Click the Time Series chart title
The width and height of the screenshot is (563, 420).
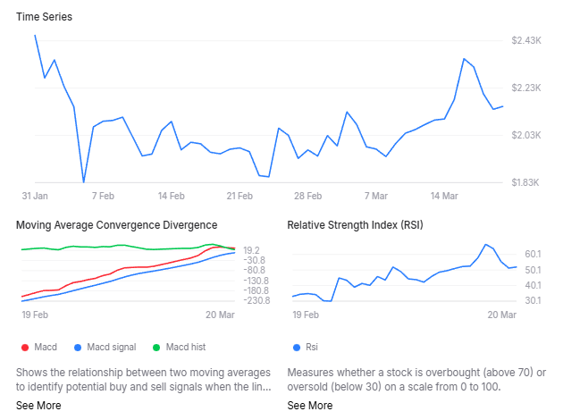tap(45, 16)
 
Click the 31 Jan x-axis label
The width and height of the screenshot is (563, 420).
tap(35, 195)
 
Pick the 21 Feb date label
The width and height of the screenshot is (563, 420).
tap(239, 195)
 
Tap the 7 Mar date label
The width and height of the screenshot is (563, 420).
tap(375, 195)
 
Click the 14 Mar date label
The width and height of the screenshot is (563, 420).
tap(444, 195)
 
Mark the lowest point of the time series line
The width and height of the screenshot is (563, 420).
tap(83, 182)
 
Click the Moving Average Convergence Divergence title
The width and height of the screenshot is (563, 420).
tap(116, 224)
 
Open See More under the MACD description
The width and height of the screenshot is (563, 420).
tap(38, 406)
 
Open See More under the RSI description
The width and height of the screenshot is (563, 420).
tap(310, 406)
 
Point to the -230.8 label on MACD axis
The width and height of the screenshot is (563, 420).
tap(258, 300)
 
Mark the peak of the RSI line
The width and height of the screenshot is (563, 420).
tap(485, 244)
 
